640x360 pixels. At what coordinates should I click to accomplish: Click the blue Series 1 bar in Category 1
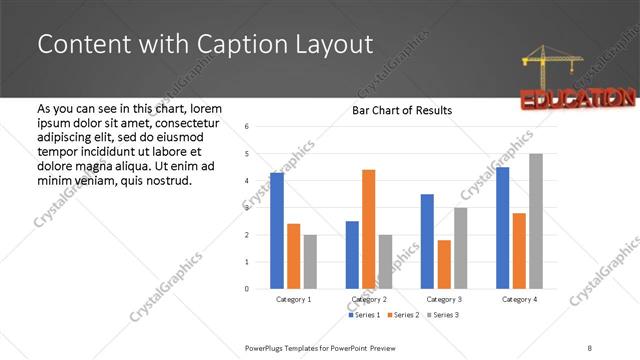pyautogui.click(x=277, y=230)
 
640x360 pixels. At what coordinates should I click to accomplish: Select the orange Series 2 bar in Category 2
pyautogui.click(x=368, y=229)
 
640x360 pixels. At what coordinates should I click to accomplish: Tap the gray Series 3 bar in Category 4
pyautogui.click(x=536, y=221)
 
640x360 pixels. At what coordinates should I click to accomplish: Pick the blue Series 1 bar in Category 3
pyautogui.click(x=427, y=241)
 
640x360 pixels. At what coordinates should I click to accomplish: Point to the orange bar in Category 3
pyautogui.click(x=444, y=264)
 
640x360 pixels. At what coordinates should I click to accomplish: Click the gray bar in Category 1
pyautogui.click(x=310, y=262)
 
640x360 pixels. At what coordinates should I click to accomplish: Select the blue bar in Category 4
pyautogui.click(x=502, y=227)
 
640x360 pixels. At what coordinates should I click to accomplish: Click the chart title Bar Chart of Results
pyautogui.click(x=402, y=110)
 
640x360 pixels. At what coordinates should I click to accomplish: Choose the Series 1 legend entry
pyautogui.click(x=364, y=315)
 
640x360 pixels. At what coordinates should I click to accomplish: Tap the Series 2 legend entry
pyautogui.click(x=402, y=315)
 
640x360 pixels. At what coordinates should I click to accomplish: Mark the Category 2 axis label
pyautogui.click(x=368, y=299)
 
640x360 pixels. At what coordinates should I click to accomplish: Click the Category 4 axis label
pyautogui.click(x=519, y=299)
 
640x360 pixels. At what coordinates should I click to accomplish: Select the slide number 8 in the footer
pyautogui.click(x=590, y=346)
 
